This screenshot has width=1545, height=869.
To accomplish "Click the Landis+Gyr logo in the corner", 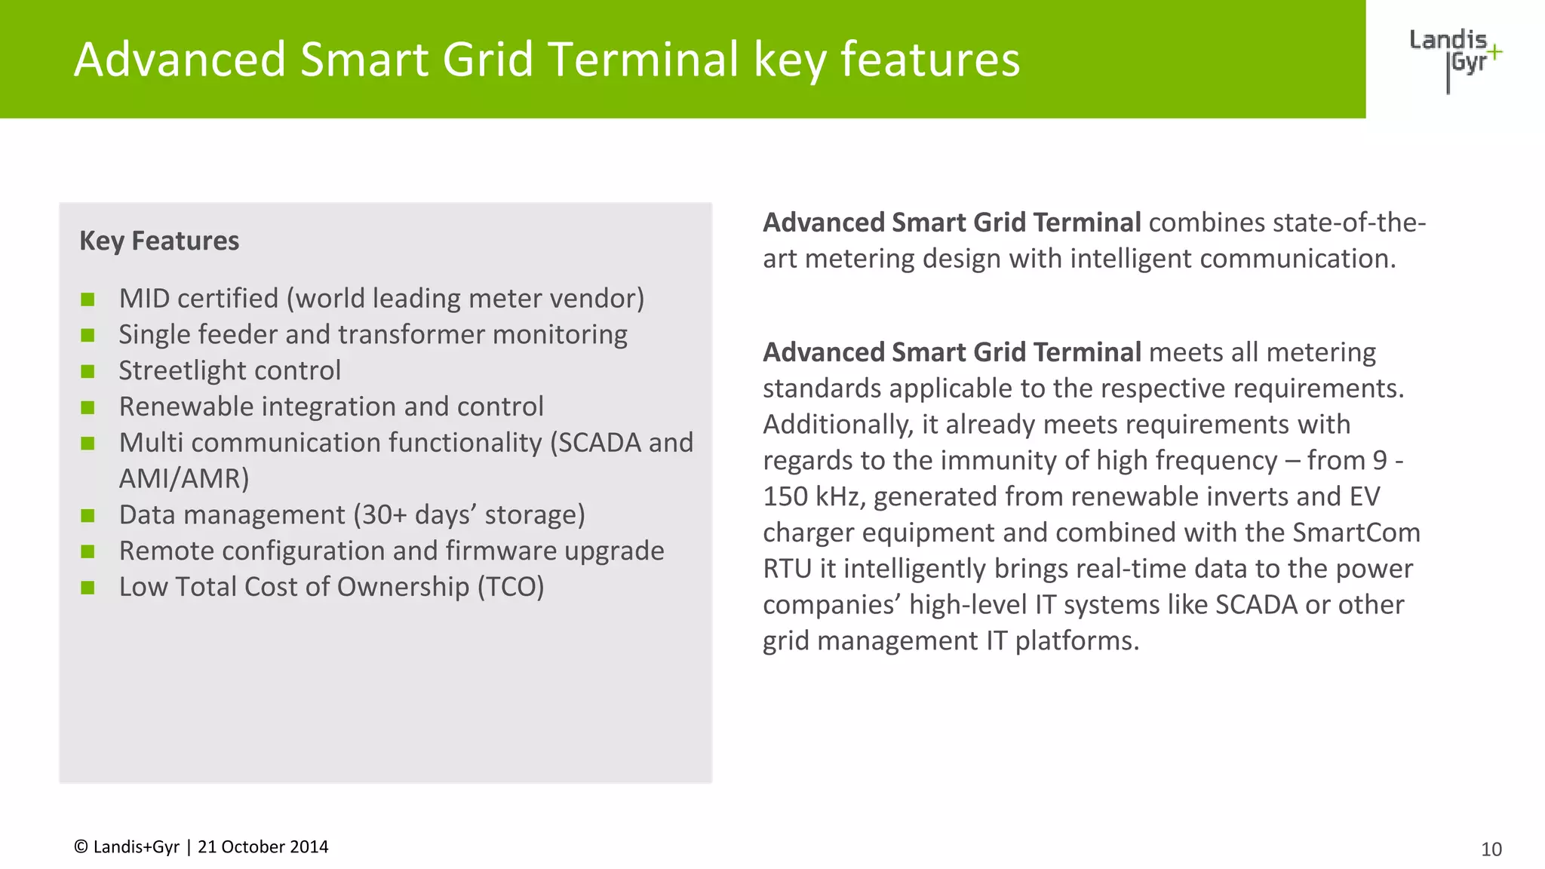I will click(x=1454, y=59).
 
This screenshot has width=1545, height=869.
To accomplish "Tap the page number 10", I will click(x=1491, y=849).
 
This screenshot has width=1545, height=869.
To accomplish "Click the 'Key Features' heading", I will click(x=159, y=241).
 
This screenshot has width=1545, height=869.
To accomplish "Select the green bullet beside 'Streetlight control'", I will click(x=88, y=371).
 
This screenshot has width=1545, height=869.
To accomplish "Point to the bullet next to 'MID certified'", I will click(x=88, y=299).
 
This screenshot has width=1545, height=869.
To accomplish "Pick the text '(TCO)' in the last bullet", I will click(x=510, y=587).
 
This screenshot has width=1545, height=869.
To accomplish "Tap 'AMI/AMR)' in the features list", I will click(x=184, y=478).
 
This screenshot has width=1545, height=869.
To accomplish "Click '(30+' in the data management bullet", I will click(x=380, y=514).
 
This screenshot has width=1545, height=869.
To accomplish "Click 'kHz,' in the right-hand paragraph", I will click(x=837, y=496).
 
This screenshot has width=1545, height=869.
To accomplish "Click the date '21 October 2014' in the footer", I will click(x=263, y=847).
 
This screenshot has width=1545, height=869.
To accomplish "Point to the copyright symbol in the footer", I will click(x=81, y=847).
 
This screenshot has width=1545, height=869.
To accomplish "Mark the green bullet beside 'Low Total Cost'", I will click(x=88, y=588).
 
